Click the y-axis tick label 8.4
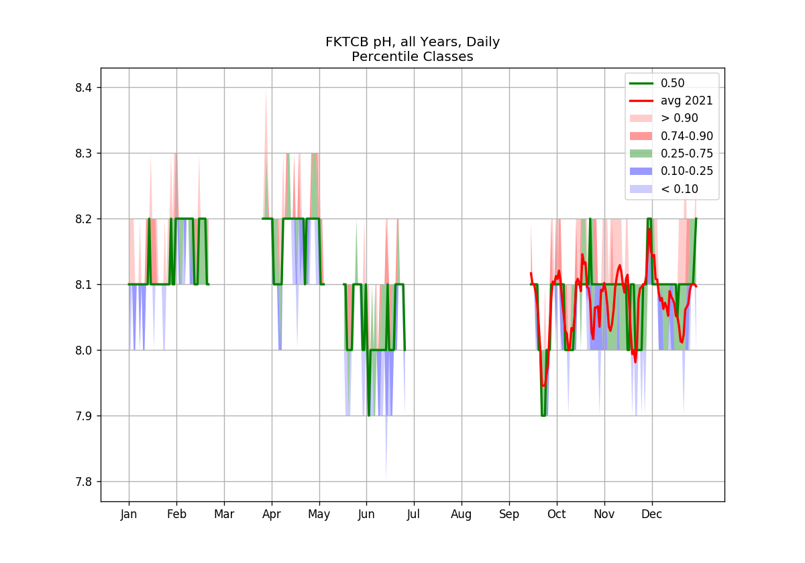pos(83,88)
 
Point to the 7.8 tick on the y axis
pos(83,482)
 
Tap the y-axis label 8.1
pos(83,285)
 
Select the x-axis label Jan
pos(129,515)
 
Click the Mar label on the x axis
pos(224,514)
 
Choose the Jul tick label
pos(413,515)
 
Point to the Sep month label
pos(509,515)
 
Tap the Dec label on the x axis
pos(651,514)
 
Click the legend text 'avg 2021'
pos(687,101)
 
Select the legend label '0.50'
pos(672,83)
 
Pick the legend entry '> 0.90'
pos(679,118)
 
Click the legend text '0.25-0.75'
pos(687,153)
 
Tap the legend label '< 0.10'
pos(679,189)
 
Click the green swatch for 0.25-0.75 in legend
pos(641,153)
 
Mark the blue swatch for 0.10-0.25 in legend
pos(641,172)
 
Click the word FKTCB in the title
pos(347,42)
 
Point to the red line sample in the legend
pos(641,101)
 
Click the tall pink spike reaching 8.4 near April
pos(266,151)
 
